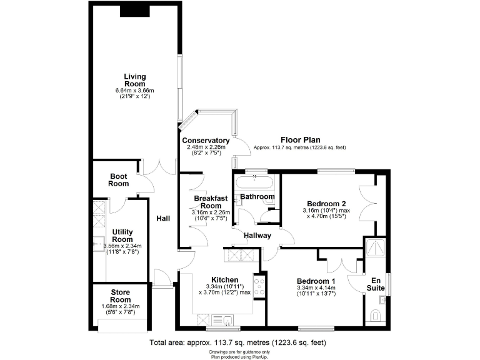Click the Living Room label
pos(134,80)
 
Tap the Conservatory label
pos(206,141)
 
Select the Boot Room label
pos(119,180)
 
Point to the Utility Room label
pos(122,236)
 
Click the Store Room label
pos(121,296)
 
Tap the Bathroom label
pos(257,197)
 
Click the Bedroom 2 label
pos(326,204)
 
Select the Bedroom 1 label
pos(316,281)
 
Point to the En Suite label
pos(376,284)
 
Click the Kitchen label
pos(224,279)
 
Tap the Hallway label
pos(257,236)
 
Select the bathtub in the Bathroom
pos(255,182)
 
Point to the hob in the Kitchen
pos(259,287)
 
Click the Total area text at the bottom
pos(237,343)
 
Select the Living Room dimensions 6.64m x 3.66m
pos(134,91)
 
